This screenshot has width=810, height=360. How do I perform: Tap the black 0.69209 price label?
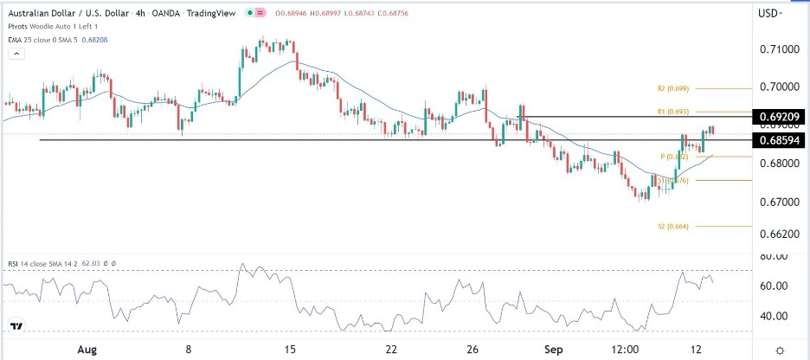click(x=779, y=115)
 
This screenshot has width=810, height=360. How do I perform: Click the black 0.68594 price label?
click(x=779, y=139)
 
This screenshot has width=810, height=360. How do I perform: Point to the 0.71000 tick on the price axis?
click(x=775, y=50)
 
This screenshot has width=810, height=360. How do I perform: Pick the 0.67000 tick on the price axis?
click(x=775, y=202)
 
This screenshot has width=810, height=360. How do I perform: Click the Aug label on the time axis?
click(x=86, y=349)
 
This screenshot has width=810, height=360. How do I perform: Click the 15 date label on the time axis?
click(x=290, y=349)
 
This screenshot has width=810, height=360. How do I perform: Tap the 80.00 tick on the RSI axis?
click(x=775, y=256)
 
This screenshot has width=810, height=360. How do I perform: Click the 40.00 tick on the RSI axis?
click(x=775, y=316)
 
